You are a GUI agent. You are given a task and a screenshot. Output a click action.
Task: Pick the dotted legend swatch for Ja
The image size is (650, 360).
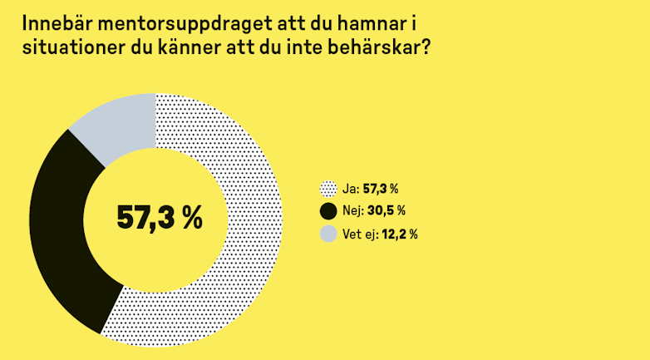coord(327,190)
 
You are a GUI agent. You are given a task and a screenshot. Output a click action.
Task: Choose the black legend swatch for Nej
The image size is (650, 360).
coord(327,211)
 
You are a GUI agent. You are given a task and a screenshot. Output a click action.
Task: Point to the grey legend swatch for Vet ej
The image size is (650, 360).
coord(327,234)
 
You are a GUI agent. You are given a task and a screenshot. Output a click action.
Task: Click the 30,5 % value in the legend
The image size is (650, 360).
coord(387,211)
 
